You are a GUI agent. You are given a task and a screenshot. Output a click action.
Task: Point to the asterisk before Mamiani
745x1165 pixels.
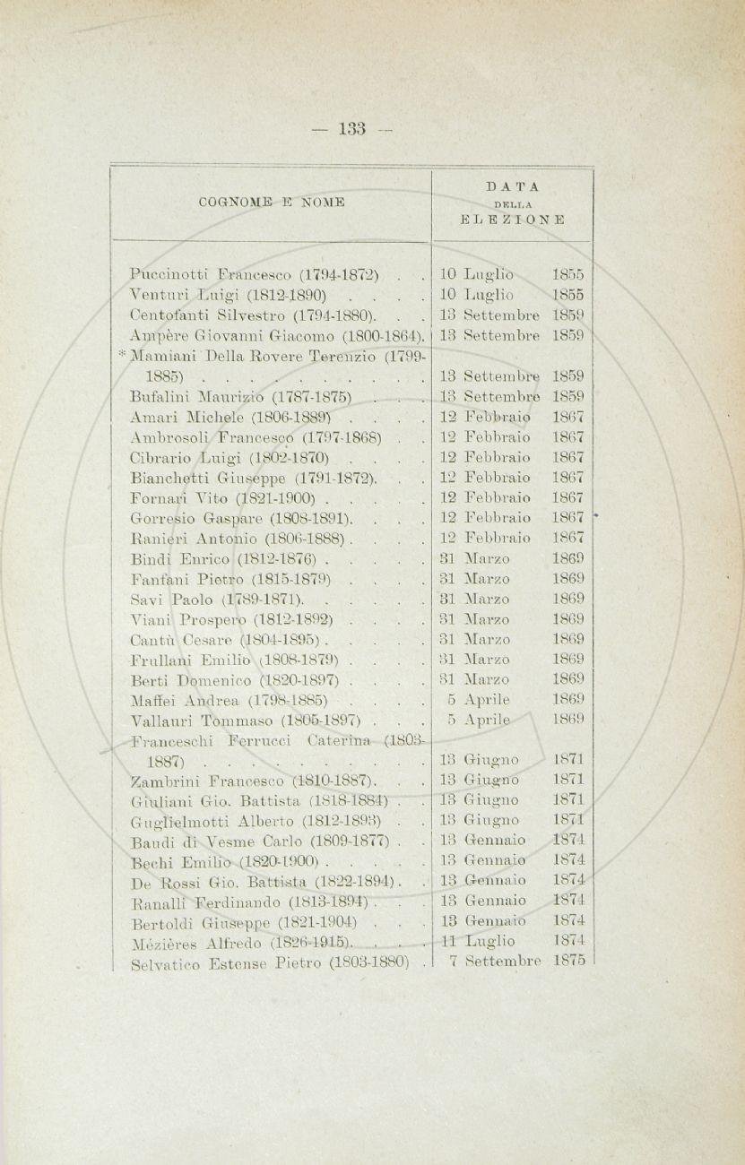122,356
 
